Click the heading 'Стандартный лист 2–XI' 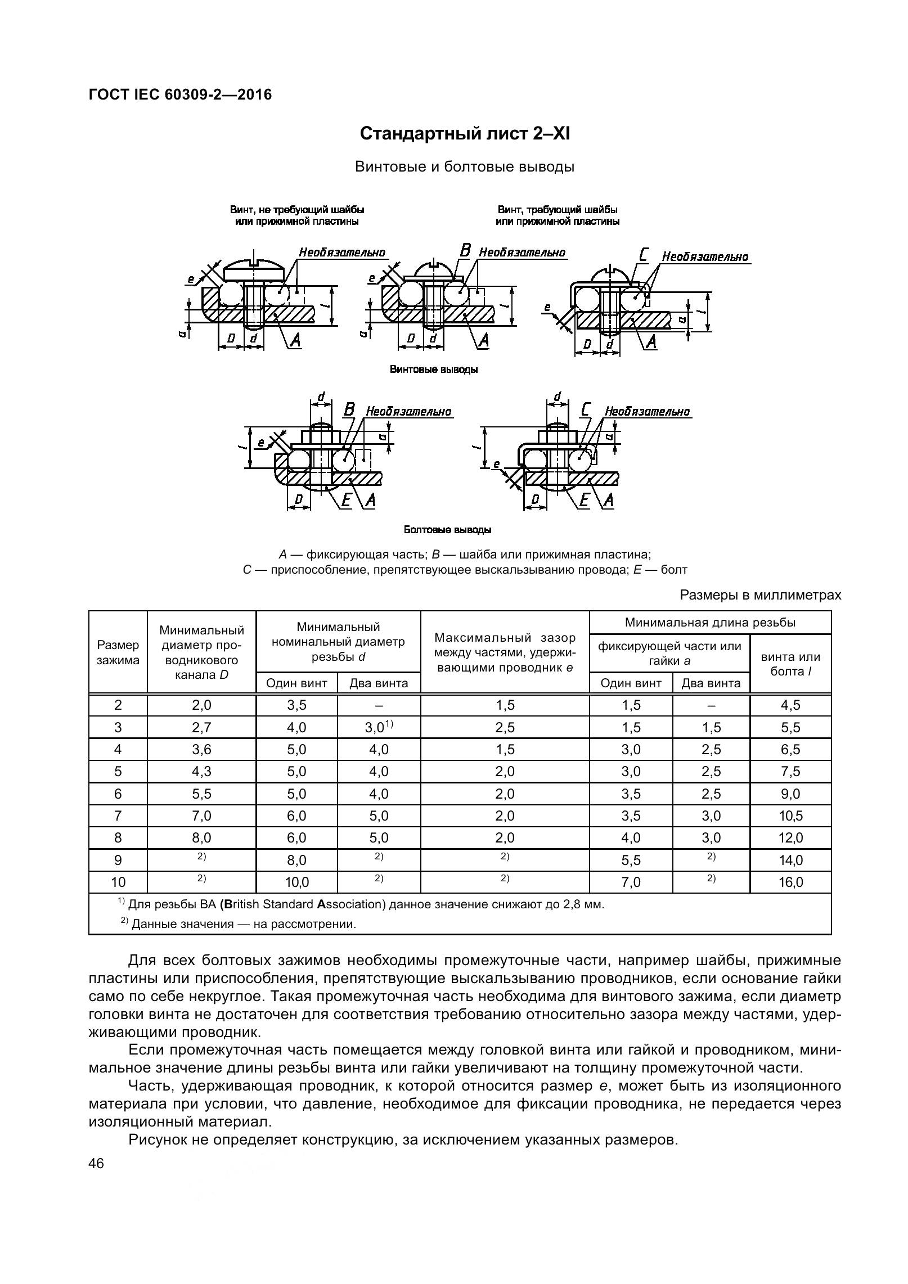click(x=464, y=134)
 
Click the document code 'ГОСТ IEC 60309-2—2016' click(x=180, y=94)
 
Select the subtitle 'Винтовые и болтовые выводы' click(x=464, y=167)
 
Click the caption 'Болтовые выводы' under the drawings click(x=447, y=530)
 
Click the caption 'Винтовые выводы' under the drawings click(x=434, y=370)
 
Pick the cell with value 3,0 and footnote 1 click(x=379, y=727)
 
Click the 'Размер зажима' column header click(x=118, y=652)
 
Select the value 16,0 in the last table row click(x=790, y=882)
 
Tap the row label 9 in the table click(x=118, y=860)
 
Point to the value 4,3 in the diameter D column click(x=201, y=771)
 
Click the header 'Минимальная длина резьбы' click(x=710, y=622)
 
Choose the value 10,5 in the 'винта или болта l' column click(x=790, y=816)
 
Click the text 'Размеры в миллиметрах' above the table click(x=761, y=595)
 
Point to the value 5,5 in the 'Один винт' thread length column click(x=631, y=860)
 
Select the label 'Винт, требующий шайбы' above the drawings click(x=557, y=210)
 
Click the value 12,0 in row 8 click(x=790, y=838)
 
